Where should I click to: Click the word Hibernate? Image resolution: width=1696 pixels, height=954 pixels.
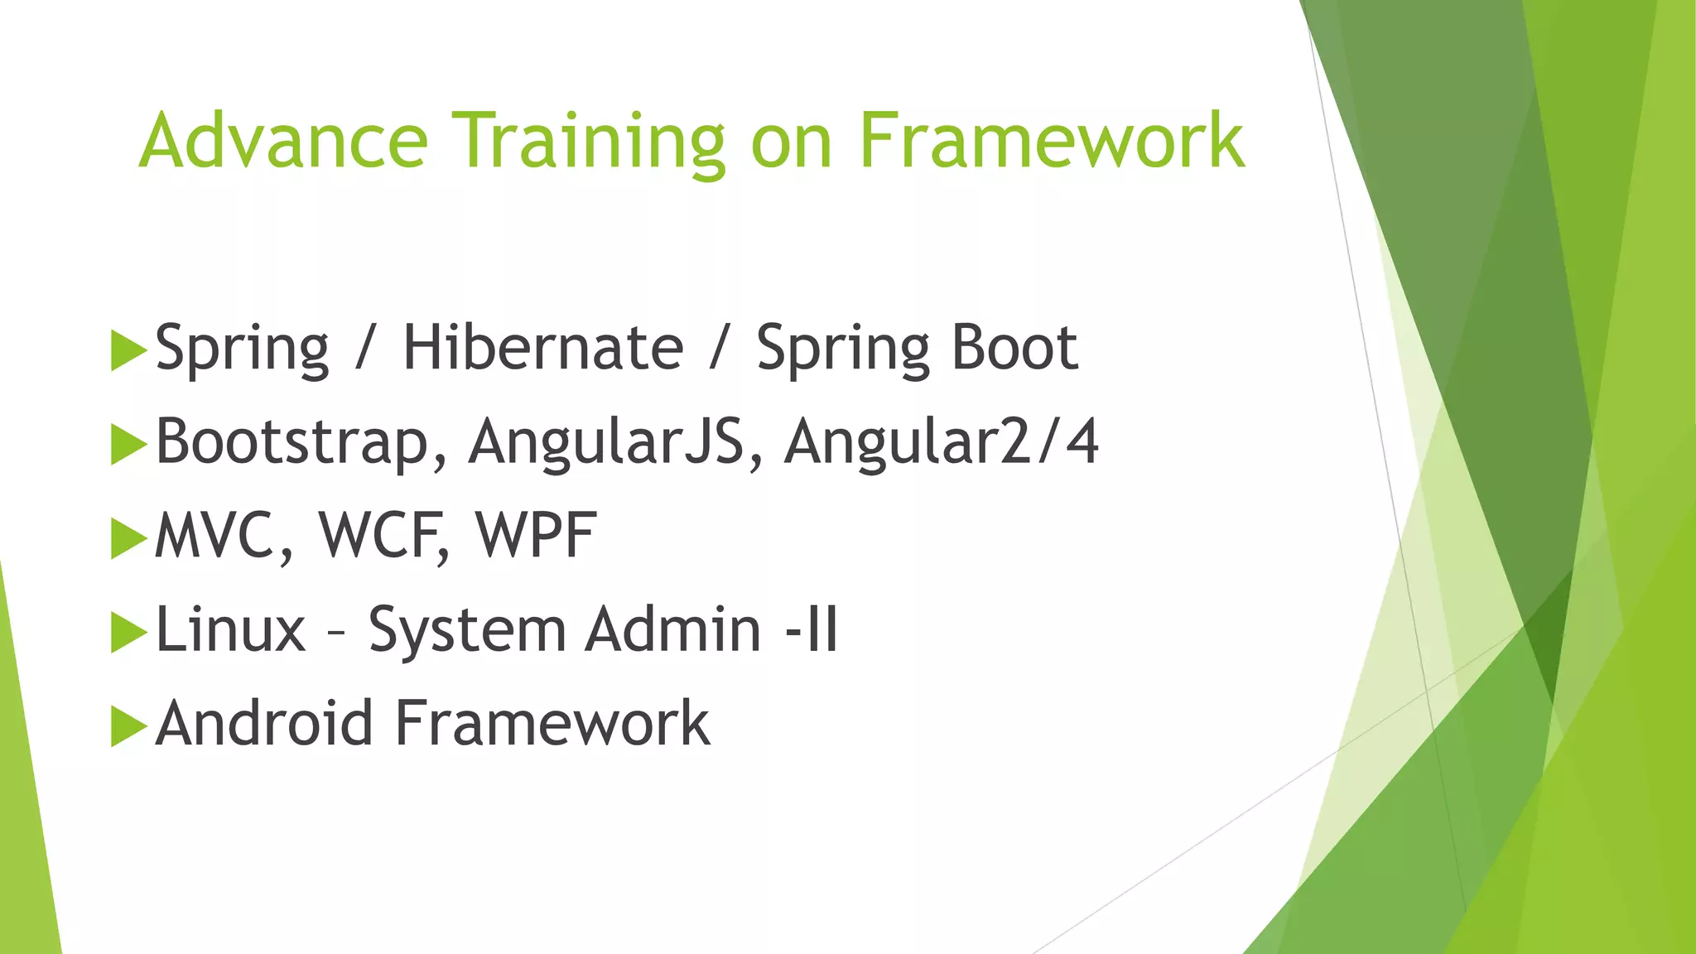tap(543, 348)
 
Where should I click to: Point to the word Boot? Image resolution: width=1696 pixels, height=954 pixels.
tap(1014, 348)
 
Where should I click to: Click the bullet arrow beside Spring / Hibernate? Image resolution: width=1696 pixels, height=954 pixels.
tap(128, 350)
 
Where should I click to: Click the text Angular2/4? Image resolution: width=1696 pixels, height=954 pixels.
tap(942, 442)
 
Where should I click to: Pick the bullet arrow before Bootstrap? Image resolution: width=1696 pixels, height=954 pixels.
tap(128, 445)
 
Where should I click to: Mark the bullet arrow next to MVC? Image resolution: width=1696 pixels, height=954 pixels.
tap(128, 538)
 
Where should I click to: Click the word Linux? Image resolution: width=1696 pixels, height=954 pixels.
tap(230, 629)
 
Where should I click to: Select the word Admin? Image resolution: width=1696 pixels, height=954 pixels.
tap(672, 629)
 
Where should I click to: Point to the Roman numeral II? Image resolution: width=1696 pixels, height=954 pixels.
tap(822, 629)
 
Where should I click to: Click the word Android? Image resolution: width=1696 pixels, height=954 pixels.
tap(264, 723)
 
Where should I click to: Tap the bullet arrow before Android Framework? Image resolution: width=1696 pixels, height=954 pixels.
tap(128, 726)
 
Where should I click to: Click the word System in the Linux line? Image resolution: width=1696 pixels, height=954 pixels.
tap(466, 629)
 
